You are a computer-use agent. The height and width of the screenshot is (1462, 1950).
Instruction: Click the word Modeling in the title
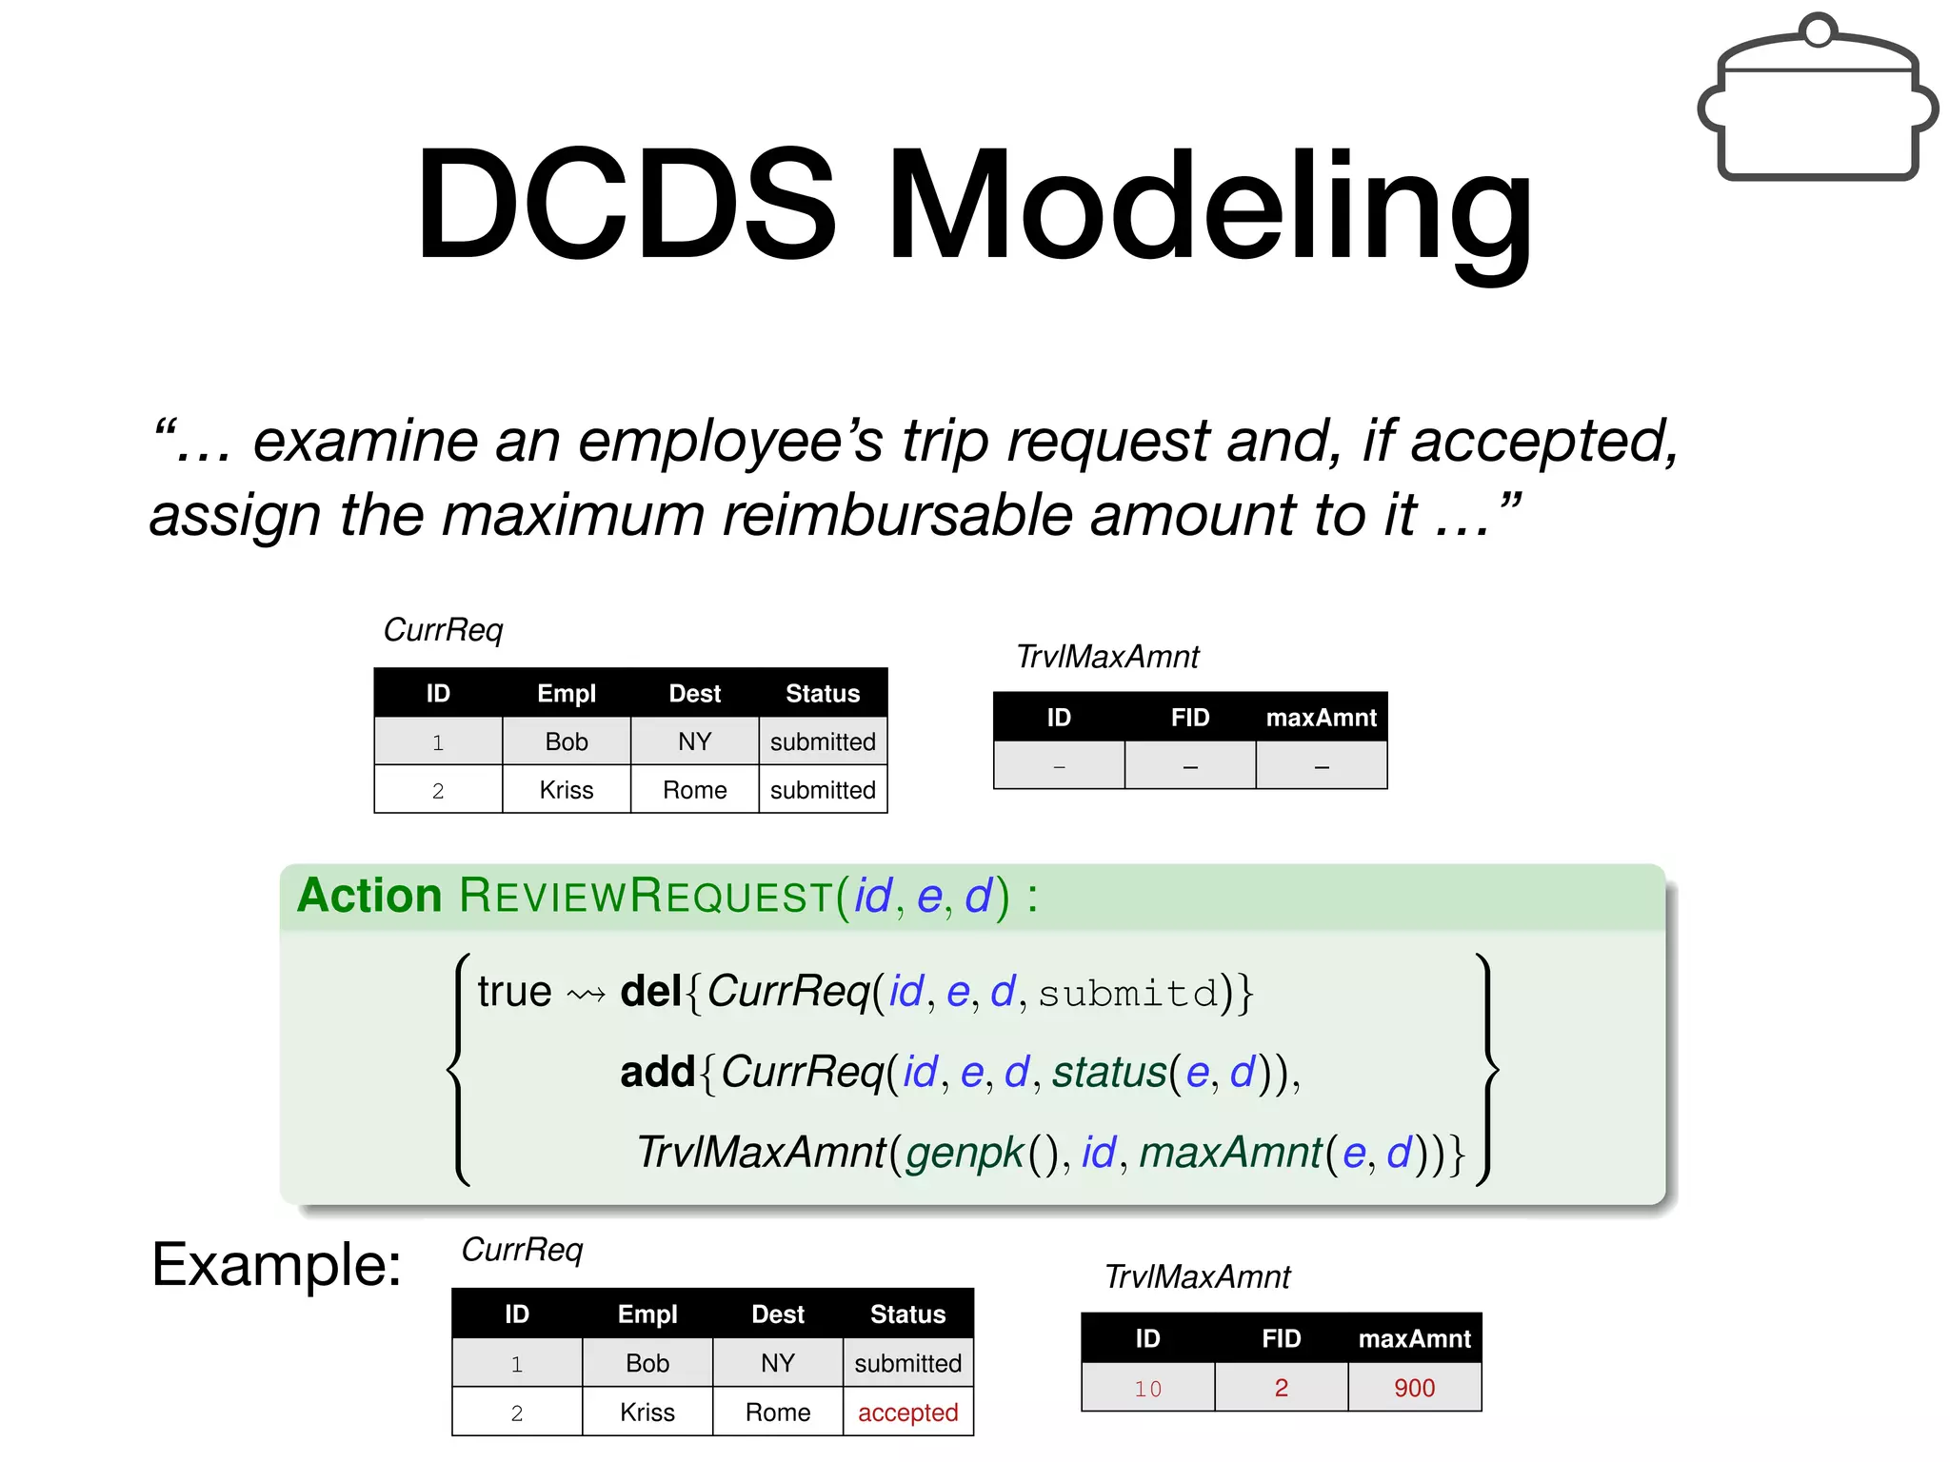point(1209,205)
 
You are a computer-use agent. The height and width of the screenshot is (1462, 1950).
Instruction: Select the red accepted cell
point(907,1413)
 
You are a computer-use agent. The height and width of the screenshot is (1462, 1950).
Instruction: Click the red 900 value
point(1414,1388)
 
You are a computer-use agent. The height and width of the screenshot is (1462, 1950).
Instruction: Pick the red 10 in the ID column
point(1147,1389)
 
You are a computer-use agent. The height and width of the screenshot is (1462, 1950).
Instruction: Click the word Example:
point(276,1266)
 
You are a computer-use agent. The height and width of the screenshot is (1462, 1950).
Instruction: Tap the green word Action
point(369,896)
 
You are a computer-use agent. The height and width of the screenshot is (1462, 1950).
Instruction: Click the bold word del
point(650,992)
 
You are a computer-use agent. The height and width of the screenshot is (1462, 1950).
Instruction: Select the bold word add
point(657,1072)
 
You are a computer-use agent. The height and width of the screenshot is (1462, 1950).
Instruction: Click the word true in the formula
point(514,992)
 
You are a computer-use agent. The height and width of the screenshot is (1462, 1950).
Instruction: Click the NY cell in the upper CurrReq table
point(694,741)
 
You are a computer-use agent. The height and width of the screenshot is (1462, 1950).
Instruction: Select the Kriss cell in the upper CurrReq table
point(566,790)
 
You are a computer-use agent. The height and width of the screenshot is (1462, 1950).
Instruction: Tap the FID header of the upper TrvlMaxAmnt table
point(1189,718)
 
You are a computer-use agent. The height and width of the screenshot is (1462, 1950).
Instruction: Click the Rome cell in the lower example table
point(777,1413)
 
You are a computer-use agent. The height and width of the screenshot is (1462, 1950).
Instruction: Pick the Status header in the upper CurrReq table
point(822,694)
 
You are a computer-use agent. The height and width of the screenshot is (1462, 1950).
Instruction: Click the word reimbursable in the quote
point(897,515)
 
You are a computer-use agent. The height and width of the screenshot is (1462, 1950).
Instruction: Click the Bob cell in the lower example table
point(647,1363)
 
